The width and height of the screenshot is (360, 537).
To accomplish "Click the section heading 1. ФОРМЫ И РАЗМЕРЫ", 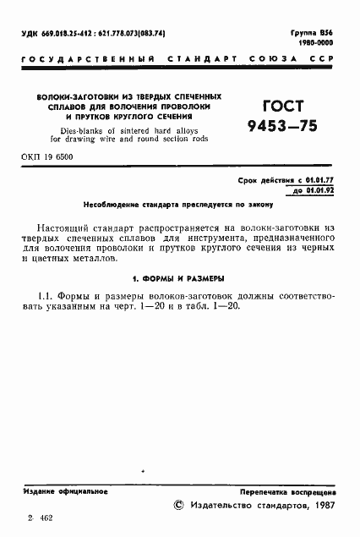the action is click(179, 277).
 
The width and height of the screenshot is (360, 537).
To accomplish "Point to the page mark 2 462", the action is click(41, 517).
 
